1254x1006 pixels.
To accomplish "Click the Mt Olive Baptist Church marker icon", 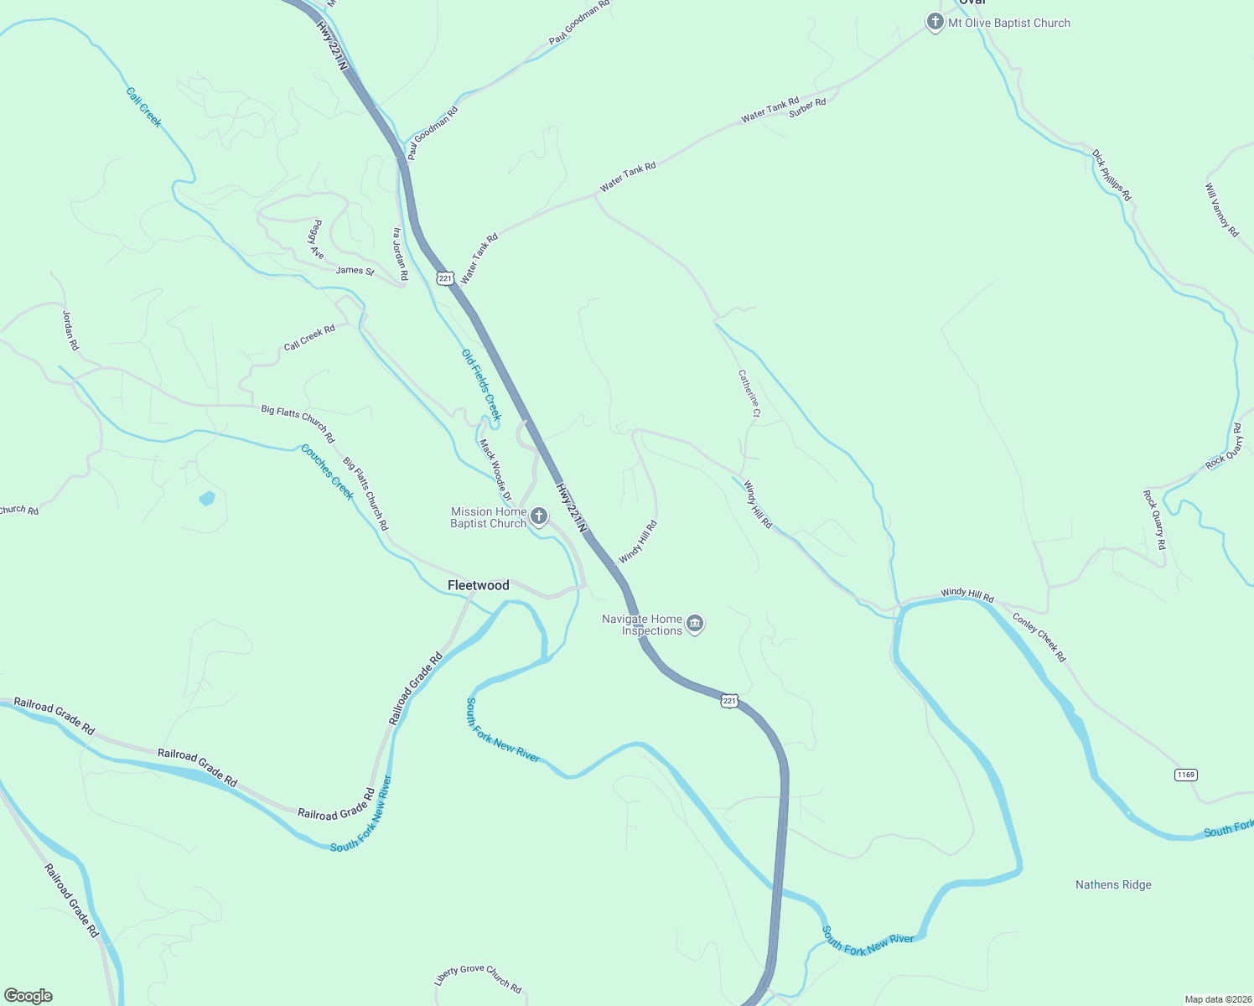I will tap(935, 23).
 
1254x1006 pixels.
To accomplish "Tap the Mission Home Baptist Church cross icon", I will tap(540, 516).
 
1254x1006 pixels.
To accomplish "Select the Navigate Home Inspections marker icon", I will tap(695, 624).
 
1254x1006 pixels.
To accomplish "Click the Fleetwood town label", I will tap(478, 585).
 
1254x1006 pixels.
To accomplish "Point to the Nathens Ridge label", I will tap(1113, 884).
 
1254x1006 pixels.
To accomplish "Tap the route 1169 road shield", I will tap(1185, 775).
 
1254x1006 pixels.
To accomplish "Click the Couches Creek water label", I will tap(328, 472).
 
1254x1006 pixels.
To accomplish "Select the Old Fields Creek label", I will tap(481, 385).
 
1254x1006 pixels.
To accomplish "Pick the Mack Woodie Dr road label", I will tap(495, 470).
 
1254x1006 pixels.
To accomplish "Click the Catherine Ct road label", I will tap(749, 393).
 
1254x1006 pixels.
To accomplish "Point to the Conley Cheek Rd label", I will tap(1039, 638).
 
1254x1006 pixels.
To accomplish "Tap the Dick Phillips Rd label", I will tap(1111, 175).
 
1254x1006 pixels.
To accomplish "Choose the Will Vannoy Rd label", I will tap(1221, 210).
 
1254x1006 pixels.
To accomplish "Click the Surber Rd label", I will tap(807, 107).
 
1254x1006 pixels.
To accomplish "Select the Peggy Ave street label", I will tap(317, 240).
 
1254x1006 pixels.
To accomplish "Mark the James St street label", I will tap(355, 270).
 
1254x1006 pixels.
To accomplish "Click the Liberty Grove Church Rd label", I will tap(478, 978).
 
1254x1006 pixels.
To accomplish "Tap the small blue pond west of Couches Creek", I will tap(207, 499).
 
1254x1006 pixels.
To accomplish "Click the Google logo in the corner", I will tap(28, 995).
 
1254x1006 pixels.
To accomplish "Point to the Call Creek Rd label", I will tap(309, 338).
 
